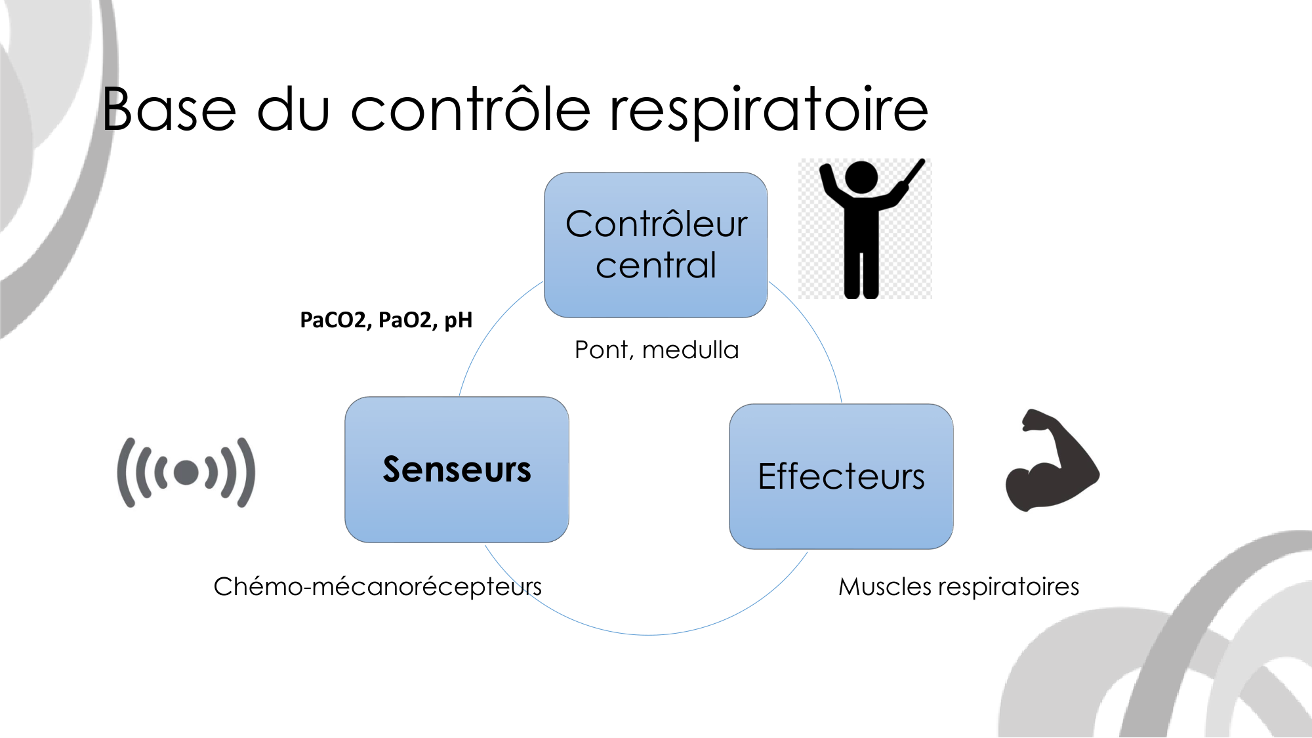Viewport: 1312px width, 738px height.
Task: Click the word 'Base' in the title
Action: click(x=169, y=110)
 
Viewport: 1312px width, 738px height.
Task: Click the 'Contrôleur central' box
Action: click(x=656, y=245)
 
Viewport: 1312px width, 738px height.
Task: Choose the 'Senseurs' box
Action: click(x=457, y=470)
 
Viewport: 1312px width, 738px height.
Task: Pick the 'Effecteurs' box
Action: click(x=841, y=476)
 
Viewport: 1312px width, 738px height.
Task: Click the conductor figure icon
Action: click(x=864, y=228)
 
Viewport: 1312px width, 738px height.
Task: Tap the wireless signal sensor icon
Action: click(x=186, y=472)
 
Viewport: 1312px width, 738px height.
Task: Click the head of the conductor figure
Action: click(x=861, y=177)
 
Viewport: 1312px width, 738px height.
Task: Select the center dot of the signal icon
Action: click(x=186, y=472)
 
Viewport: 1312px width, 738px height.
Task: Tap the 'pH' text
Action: click(x=458, y=320)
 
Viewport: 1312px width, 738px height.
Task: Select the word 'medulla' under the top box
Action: click(x=690, y=350)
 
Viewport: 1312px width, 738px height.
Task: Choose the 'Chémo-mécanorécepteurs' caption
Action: click(x=377, y=586)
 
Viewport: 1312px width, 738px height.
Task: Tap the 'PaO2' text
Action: click(x=404, y=320)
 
